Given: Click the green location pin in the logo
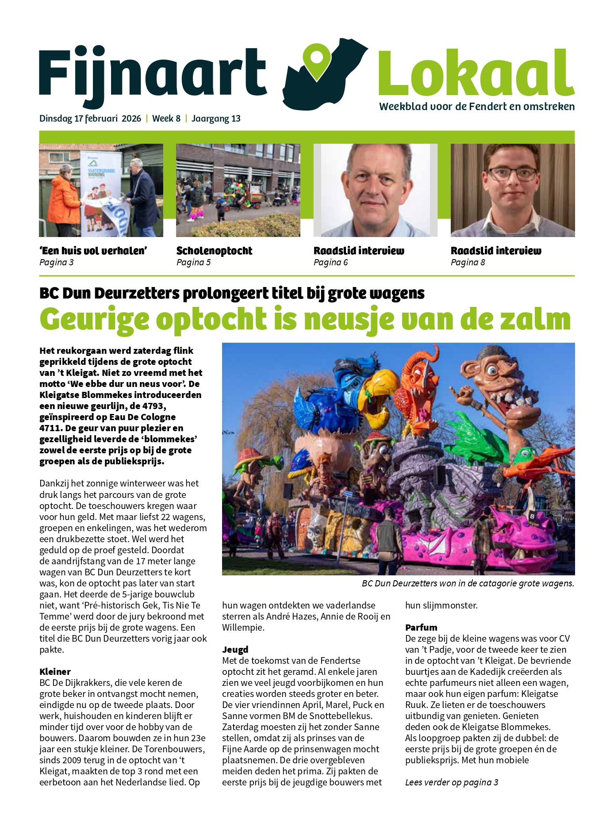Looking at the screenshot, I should (317, 61).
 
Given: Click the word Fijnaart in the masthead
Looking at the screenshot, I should (153, 73).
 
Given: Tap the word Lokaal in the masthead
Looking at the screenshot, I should (476, 73).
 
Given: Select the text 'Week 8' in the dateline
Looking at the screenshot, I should (166, 119).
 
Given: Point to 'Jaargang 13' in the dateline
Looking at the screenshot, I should (216, 119).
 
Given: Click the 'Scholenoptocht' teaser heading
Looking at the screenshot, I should (214, 251).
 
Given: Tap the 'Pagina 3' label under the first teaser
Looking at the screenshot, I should (56, 263).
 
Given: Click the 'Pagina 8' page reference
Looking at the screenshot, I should (468, 263).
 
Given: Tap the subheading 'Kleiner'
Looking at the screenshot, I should (55, 671).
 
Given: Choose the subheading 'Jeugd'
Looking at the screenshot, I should (235, 649).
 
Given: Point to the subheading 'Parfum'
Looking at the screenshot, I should (421, 627).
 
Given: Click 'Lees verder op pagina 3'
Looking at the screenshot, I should (451, 782).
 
